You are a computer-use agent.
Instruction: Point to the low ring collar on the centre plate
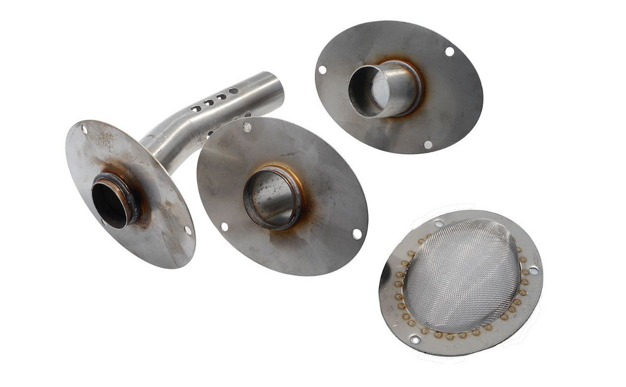tap(272, 197)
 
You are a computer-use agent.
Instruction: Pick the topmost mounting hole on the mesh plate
tap(439, 223)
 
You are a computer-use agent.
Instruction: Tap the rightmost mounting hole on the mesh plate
tap(534, 270)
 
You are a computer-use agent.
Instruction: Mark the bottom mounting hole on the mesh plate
tap(415, 339)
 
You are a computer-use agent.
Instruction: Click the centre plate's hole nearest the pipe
tap(247, 127)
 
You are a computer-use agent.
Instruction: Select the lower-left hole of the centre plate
tap(224, 227)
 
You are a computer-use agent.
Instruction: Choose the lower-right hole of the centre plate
tap(357, 233)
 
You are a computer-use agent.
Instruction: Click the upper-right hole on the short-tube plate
tap(449, 51)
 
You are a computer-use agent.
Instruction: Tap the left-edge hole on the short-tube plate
tap(322, 70)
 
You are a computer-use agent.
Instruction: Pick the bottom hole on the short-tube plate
tap(428, 145)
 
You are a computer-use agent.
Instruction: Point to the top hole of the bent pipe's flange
tap(84, 130)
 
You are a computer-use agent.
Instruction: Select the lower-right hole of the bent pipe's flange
tap(188, 230)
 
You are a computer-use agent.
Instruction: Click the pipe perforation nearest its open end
tap(233, 91)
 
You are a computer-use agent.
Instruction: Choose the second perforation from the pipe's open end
tap(221, 96)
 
